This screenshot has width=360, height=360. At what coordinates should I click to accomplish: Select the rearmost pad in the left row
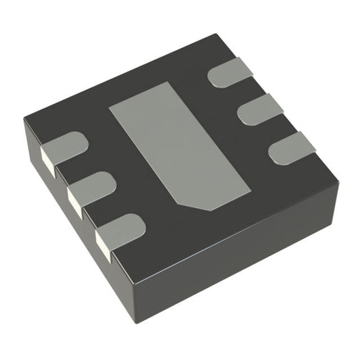pos(68,147)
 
